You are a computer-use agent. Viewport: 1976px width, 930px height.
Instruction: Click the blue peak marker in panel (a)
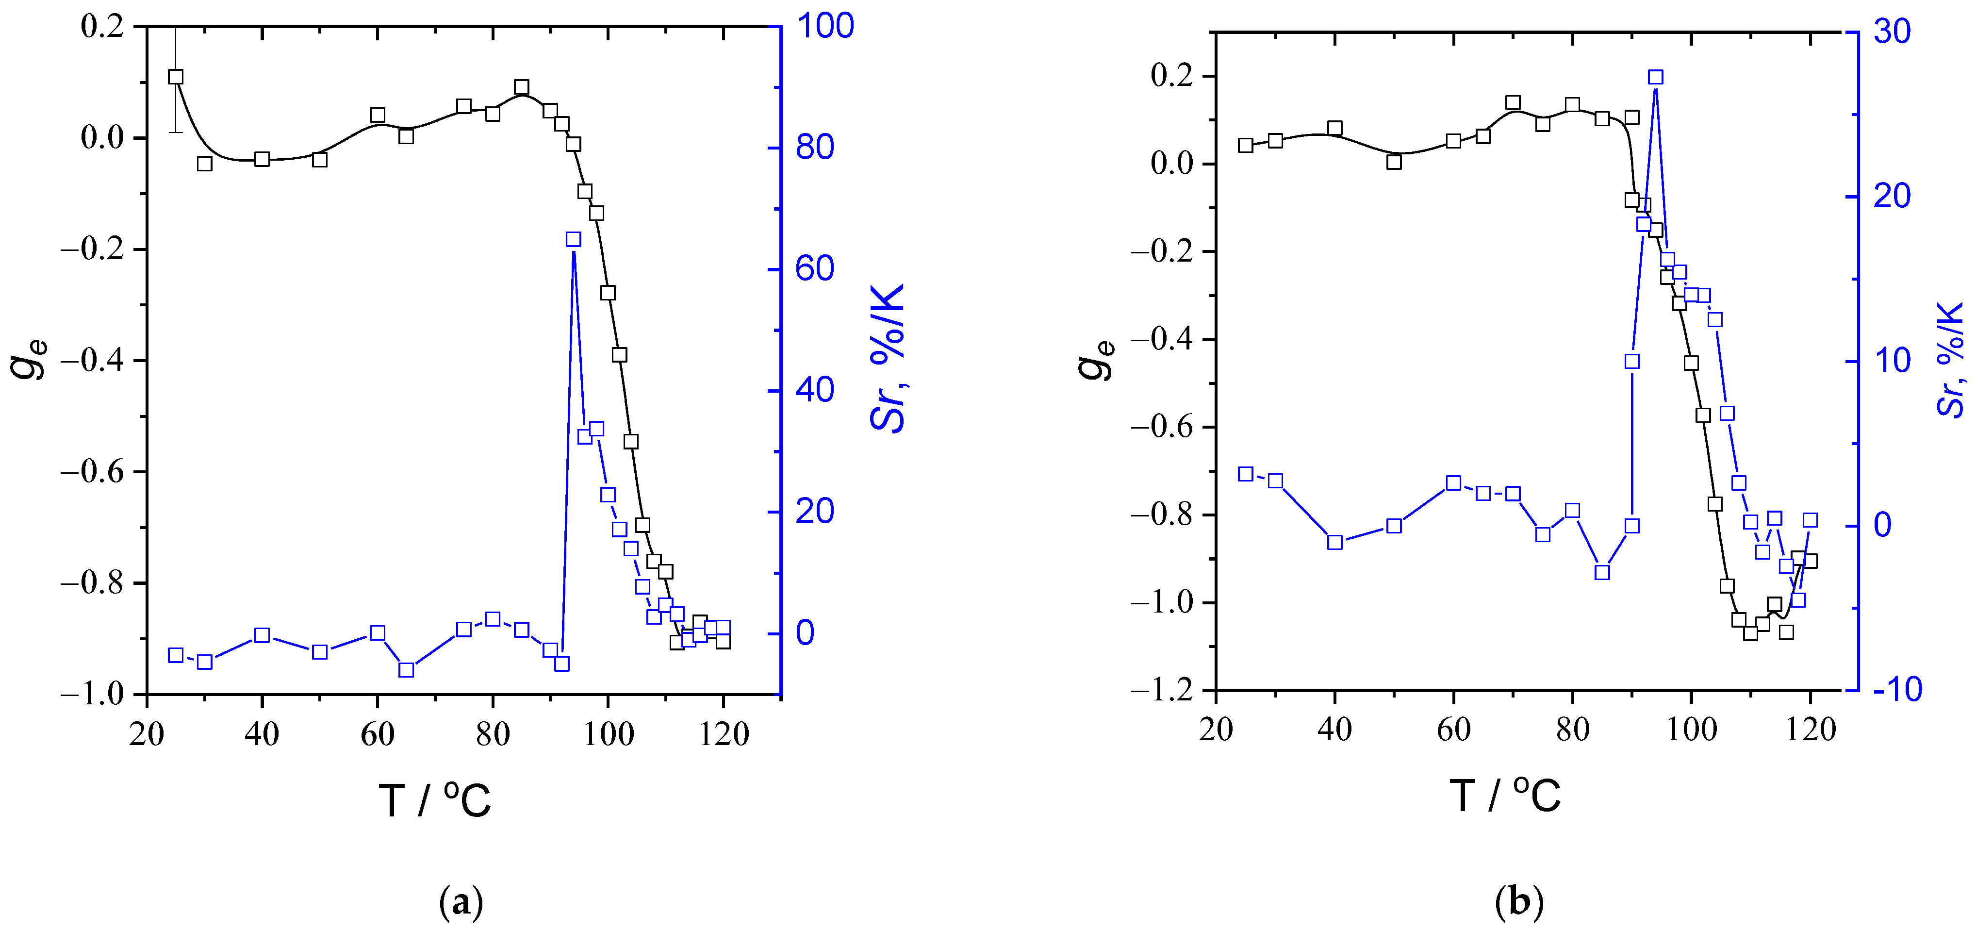click(573, 239)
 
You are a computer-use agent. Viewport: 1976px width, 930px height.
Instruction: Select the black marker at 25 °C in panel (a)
click(176, 77)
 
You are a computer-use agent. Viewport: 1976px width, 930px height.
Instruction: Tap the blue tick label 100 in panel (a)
click(824, 26)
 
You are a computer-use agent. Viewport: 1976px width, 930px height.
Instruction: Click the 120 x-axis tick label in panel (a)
click(724, 734)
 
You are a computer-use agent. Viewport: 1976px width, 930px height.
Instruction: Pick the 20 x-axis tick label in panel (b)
click(1216, 730)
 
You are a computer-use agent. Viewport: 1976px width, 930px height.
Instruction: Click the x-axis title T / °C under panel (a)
click(434, 800)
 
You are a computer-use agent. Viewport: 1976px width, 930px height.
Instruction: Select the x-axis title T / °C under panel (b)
click(1504, 795)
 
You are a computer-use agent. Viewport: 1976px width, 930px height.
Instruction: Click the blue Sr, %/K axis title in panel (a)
click(889, 358)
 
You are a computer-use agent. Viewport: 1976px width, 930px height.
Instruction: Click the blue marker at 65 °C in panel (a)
click(407, 670)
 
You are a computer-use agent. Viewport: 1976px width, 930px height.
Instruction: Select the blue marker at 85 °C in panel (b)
click(1602, 572)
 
